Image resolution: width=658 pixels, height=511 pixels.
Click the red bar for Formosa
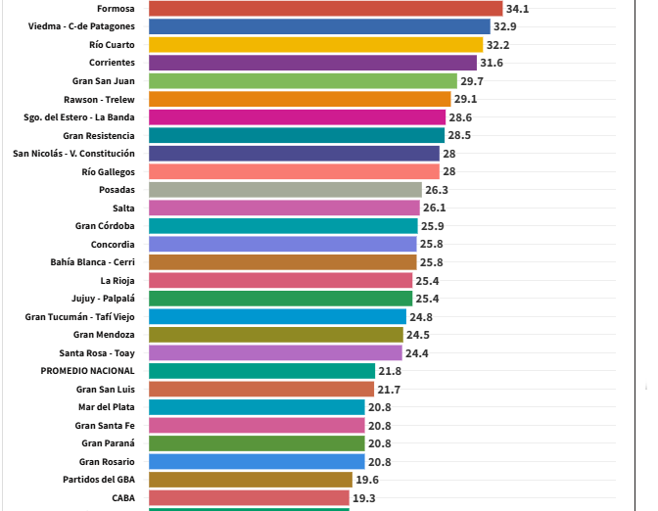pos(325,9)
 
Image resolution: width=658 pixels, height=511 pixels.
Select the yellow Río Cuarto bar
pos(315,45)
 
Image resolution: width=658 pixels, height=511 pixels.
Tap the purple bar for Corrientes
pos(313,63)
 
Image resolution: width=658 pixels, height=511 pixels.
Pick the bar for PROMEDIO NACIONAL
pos(261,371)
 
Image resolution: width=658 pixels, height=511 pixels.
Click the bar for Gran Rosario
pos(257,461)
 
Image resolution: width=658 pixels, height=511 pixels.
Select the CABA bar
pos(249,497)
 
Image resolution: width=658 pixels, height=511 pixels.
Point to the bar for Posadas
pos(285,190)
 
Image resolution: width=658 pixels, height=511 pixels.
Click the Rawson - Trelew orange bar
pos(299,99)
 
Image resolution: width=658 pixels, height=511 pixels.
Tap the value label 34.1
pos(518,9)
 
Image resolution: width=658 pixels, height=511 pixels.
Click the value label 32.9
pos(506,26)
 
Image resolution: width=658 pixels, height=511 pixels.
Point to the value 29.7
pos(473,81)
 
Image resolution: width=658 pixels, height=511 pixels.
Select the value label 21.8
pos(390,371)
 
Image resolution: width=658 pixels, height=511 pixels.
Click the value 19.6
pos(367,480)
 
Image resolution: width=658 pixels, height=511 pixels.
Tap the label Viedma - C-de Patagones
pos(82,26)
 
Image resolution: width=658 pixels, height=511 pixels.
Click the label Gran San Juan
pos(104,81)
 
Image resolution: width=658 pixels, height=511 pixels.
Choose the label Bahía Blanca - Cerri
pos(92,262)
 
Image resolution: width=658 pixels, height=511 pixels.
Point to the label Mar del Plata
pos(106,407)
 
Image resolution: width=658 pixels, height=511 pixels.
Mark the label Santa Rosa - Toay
pos(97,352)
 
